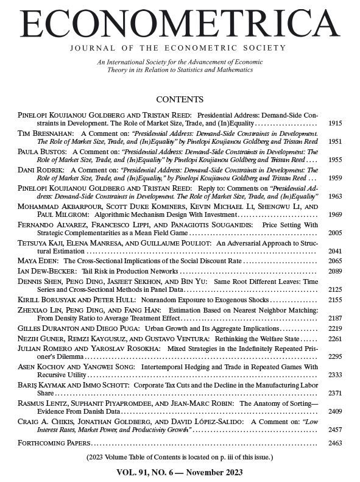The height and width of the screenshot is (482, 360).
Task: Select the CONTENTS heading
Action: (180, 99)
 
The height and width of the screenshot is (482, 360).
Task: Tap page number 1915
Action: (335, 123)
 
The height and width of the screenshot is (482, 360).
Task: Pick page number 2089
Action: (335, 270)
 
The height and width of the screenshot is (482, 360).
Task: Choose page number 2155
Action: (335, 300)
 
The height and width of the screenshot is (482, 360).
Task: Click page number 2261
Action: (335, 339)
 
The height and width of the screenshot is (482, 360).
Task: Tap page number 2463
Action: (335, 443)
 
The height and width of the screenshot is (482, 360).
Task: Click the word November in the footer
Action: (200, 472)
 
